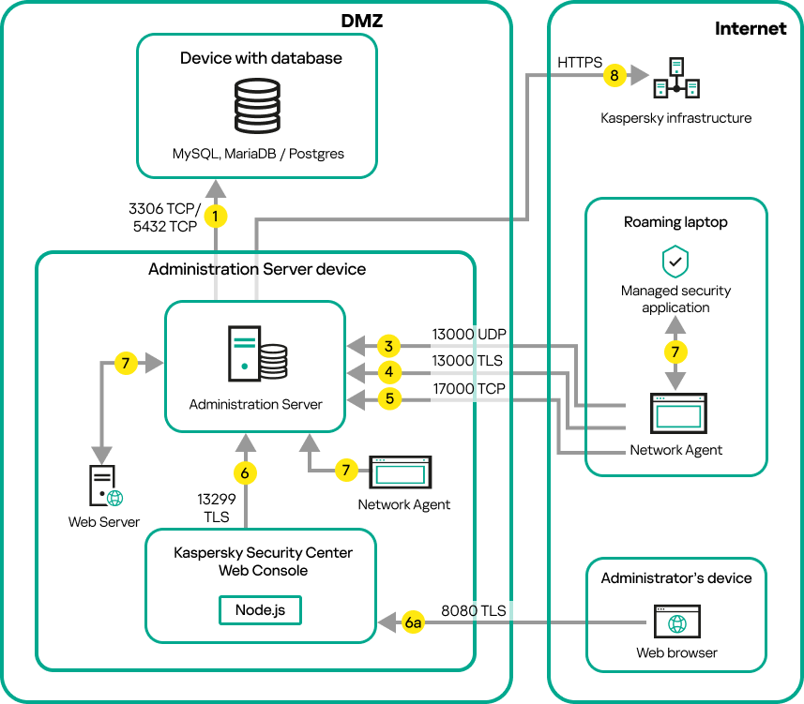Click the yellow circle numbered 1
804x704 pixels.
coord(217,217)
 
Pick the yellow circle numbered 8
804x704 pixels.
coord(614,75)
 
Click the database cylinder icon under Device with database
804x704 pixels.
coord(257,105)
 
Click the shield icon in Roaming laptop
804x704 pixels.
coord(675,262)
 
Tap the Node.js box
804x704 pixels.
coord(260,609)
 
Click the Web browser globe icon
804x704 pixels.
coord(676,622)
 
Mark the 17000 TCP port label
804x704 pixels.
coord(468,388)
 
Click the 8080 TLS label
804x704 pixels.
coord(474,611)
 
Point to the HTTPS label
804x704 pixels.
coord(581,62)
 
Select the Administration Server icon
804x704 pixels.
coord(256,353)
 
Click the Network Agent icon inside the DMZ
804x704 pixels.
coord(400,472)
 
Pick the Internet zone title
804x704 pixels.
coord(751,28)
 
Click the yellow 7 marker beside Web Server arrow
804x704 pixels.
coord(127,362)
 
